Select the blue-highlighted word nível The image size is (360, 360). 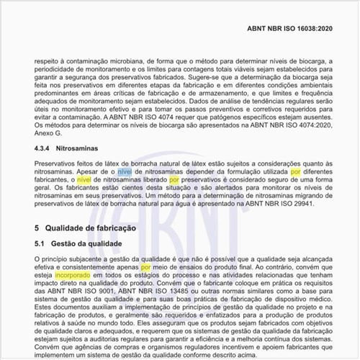point(125,173)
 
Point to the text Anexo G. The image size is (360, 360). point(50,133)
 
